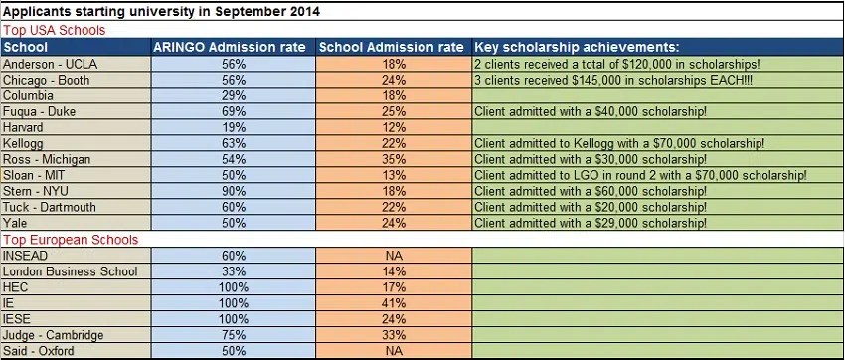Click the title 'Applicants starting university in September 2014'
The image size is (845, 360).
click(162, 12)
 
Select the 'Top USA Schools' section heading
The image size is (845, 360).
click(54, 30)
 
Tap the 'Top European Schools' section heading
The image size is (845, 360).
click(70, 240)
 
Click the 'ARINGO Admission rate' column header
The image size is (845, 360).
click(233, 47)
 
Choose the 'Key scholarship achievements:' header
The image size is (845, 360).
click(577, 47)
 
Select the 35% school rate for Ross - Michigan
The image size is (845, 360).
click(395, 159)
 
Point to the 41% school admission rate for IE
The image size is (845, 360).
click(395, 303)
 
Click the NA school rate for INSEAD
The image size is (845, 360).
click(395, 256)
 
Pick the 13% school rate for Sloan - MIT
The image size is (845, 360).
click(395, 175)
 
